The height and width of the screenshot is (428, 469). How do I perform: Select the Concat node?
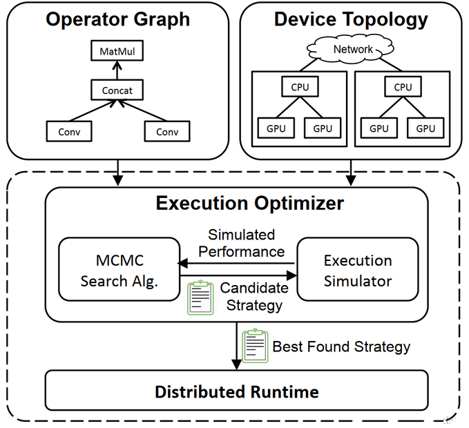(117, 90)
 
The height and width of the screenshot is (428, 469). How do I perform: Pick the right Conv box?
(166, 131)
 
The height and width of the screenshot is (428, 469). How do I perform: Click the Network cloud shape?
(353, 49)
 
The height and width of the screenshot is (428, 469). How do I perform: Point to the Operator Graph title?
(117, 19)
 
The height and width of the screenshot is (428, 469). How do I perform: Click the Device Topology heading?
(351, 19)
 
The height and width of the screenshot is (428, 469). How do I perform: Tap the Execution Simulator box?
(358, 271)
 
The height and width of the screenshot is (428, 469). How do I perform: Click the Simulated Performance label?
(241, 243)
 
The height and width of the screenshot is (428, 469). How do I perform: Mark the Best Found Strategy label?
(341, 347)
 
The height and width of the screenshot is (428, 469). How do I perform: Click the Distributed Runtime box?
(236, 392)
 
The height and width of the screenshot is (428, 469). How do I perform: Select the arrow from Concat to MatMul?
(117, 70)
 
